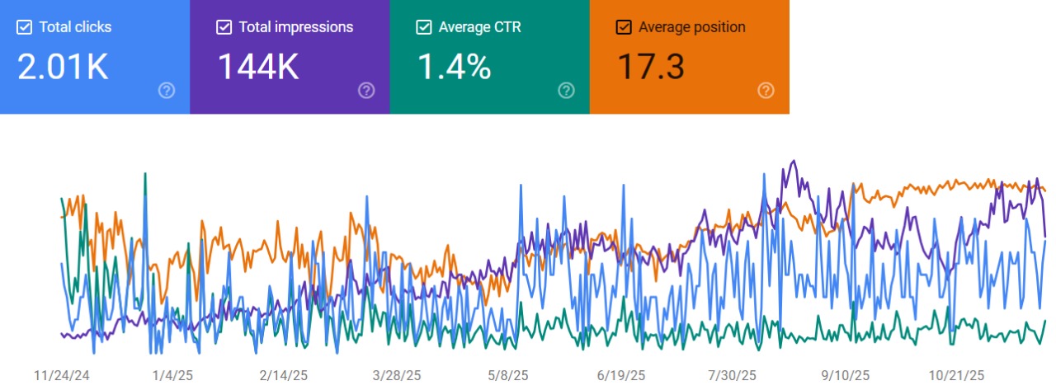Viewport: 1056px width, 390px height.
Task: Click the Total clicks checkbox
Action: pyautogui.click(x=24, y=27)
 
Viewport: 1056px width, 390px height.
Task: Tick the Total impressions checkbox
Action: pyautogui.click(x=224, y=27)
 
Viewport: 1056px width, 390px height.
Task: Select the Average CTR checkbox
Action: pyautogui.click(x=424, y=27)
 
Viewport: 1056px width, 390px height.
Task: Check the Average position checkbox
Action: pyautogui.click(x=624, y=27)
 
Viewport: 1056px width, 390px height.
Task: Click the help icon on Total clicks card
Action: pyautogui.click(x=167, y=91)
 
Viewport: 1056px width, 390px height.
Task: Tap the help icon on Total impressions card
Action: pyautogui.click(x=366, y=91)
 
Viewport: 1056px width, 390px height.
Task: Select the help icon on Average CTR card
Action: pyautogui.click(x=566, y=91)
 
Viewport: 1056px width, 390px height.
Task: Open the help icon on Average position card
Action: pyautogui.click(x=766, y=91)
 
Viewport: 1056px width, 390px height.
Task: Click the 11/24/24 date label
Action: pyautogui.click(x=61, y=376)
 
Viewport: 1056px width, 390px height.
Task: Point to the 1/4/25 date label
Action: pyautogui.click(x=172, y=376)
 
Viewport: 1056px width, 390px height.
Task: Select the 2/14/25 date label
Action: pyautogui.click(x=284, y=376)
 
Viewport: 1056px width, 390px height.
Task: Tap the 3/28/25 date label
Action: pyautogui.click(x=397, y=376)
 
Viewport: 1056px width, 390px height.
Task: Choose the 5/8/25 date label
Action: pyautogui.click(x=508, y=376)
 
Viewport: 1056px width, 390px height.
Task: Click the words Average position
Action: pyautogui.click(x=692, y=27)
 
